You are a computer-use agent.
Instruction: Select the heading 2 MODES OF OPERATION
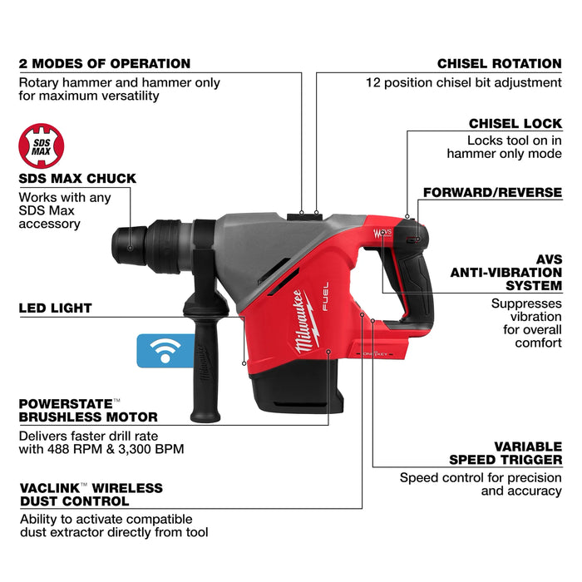pyautogui.click(x=104, y=63)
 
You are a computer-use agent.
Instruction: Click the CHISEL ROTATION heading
pyautogui.click(x=500, y=63)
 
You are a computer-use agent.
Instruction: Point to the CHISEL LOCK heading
pyautogui.click(x=515, y=124)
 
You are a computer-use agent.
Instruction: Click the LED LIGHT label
pyautogui.click(x=55, y=308)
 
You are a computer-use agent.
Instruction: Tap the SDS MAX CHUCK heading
pyautogui.click(x=77, y=179)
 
